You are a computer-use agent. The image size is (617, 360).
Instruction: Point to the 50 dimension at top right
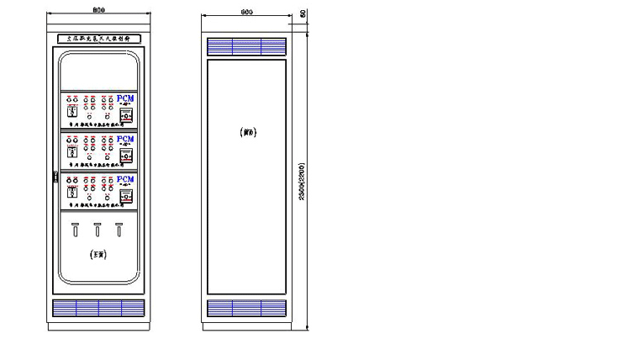(x=303, y=15)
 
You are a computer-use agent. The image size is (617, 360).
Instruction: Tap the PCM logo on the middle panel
(x=124, y=139)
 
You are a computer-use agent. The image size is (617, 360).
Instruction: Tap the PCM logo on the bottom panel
(x=124, y=179)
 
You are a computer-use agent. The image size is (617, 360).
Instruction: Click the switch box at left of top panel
(x=72, y=110)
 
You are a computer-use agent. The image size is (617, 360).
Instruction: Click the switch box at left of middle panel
(x=72, y=151)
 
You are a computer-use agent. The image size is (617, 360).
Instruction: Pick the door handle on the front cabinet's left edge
(x=55, y=176)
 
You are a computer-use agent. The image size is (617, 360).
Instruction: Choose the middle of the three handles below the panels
(x=98, y=229)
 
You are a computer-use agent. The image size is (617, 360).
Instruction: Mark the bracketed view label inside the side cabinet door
(x=247, y=131)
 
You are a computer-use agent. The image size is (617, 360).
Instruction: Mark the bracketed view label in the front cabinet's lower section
(x=98, y=252)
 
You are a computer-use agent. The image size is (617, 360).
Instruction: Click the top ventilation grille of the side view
(x=246, y=45)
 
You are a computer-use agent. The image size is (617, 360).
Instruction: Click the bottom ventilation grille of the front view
(x=98, y=308)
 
